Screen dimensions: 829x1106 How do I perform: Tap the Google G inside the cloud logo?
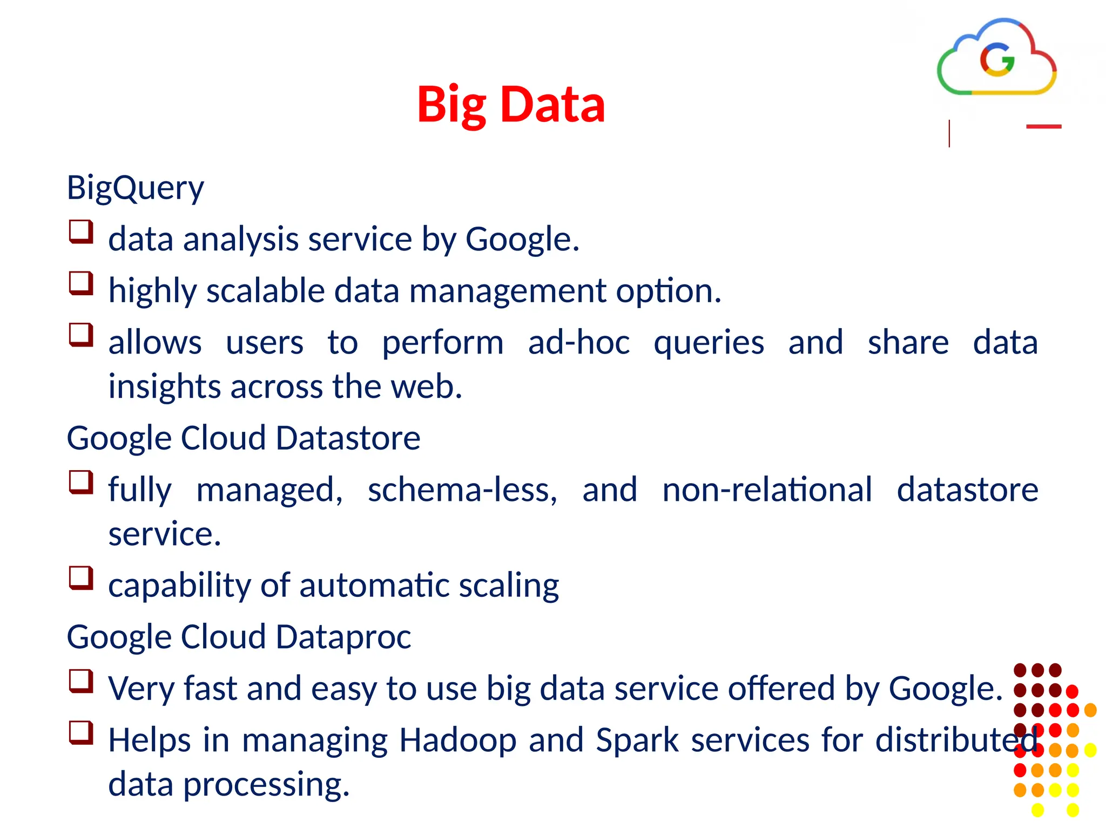tap(997, 59)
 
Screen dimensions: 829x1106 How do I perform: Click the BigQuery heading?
tap(135, 188)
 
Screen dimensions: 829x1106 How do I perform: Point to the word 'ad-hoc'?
tap(578, 342)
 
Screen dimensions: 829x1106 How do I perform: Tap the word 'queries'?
tap(709, 343)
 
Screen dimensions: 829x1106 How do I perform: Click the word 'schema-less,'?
tap(462, 490)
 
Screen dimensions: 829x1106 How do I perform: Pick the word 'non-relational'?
tap(767, 490)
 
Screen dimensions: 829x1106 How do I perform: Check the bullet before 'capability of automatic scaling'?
tap(81, 577)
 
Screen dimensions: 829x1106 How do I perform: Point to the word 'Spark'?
tap(637, 740)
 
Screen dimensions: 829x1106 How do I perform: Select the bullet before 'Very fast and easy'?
tap(81, 681)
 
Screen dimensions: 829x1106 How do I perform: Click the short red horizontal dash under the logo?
tap(1043, 127)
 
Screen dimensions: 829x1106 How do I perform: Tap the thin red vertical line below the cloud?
tap(949, 134)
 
